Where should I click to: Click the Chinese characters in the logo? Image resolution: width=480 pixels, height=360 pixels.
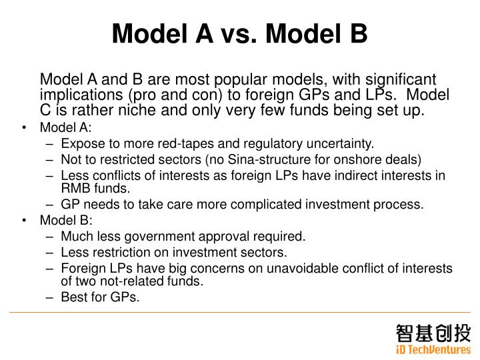click(434, 333)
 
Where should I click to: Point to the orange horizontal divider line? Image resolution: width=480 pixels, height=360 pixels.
click(240, 312)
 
